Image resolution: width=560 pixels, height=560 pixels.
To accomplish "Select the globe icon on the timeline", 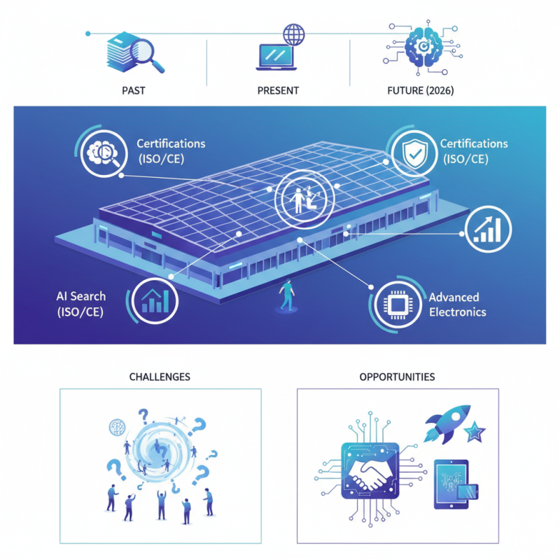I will tap(294, 34).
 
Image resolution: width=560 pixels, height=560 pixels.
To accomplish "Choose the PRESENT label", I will tap(278, 90).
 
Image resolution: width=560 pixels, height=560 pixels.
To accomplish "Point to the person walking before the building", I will tap(286, 294).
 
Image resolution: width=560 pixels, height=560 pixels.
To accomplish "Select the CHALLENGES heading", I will tap(160, 377).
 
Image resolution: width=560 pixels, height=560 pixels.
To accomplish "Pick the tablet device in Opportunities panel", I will tap(451, 483).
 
